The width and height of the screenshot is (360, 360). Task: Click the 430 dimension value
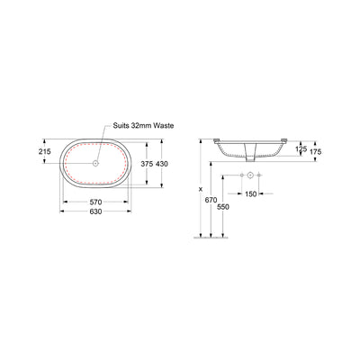tap(164, 164)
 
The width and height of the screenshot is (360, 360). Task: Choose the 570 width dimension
tap(94, 202)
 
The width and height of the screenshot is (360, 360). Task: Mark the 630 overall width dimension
tap(94, 213)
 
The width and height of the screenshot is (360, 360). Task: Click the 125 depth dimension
tap(303, 148)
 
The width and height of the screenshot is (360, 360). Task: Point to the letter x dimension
tap(200, 189)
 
